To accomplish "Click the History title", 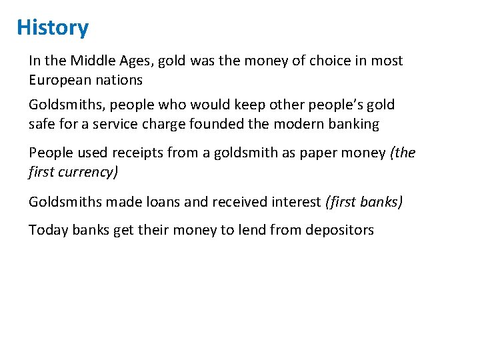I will [x=53, y=28].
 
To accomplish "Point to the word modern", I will [x=301, y=124].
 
